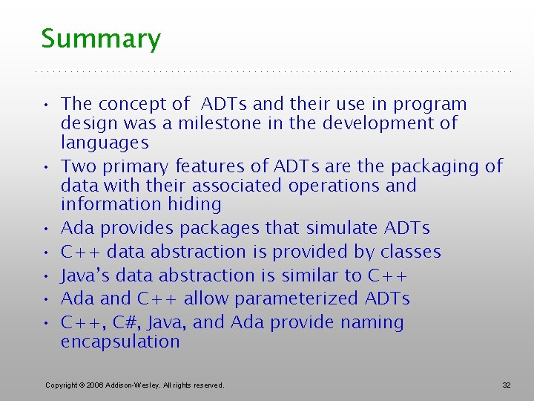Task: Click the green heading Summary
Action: (x=101, y=39)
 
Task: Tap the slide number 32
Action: (x=507, y=385)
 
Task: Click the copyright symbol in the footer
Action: (x=82, y=385)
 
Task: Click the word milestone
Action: (x=220, y=123)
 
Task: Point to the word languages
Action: (x=105, y=143)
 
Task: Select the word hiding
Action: (x=194, y=205)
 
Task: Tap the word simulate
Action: (x=342, y=227)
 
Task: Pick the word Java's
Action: (x=85, y=276)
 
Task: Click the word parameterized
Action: (x=296, y=299)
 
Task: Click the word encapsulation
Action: (x=120, y=342)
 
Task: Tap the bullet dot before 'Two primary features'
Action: (x=46, y=167)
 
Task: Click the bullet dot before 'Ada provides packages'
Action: (x=46, y=229)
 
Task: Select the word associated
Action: (x=237, y=186)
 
